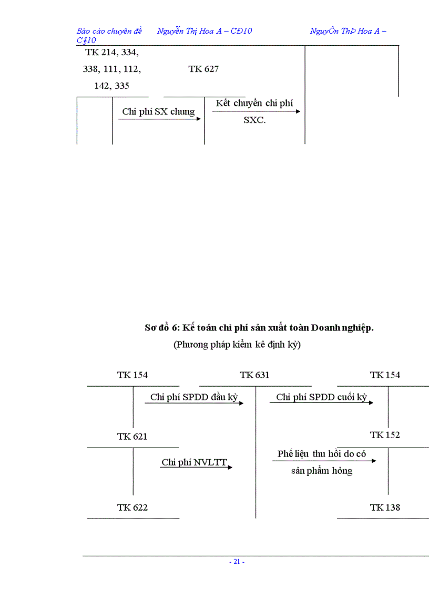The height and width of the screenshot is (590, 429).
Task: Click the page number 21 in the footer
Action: tap(237, 562)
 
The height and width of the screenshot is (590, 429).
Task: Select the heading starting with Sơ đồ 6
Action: tap(259, 328)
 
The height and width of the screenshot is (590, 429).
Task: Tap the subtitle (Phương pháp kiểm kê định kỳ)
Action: tap(237, 345)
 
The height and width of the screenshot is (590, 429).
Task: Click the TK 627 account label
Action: tap(203, 69)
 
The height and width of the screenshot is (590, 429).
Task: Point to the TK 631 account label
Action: tap(254, 375)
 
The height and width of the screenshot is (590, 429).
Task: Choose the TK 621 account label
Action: tap(132, 437)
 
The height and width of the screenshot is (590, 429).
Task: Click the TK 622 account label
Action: tap(132, 508)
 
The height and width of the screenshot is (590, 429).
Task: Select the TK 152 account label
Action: tap(385, 435)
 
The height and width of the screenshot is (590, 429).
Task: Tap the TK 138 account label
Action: tap(385, 508)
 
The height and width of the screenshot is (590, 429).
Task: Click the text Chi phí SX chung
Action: tap(158, 111)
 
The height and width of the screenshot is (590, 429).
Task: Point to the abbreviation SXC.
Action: tap(255, 120)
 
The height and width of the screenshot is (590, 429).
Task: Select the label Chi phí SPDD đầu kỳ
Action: tap(194, 397)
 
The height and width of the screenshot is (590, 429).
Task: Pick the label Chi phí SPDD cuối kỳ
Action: tap(321, 397)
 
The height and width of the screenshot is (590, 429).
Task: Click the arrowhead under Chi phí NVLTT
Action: tap(230, 467)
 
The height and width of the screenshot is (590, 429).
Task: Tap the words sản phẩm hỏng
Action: tap(322, 471)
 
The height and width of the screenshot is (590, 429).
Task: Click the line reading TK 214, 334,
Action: tap(112, 52)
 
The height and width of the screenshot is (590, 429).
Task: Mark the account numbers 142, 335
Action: tap(111, 86)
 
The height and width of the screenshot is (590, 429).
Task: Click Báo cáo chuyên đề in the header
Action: tap(109, 31)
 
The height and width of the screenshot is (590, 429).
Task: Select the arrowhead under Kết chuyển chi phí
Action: tap(298, 111)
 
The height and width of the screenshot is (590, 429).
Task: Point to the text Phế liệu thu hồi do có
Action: tap(322, 454)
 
